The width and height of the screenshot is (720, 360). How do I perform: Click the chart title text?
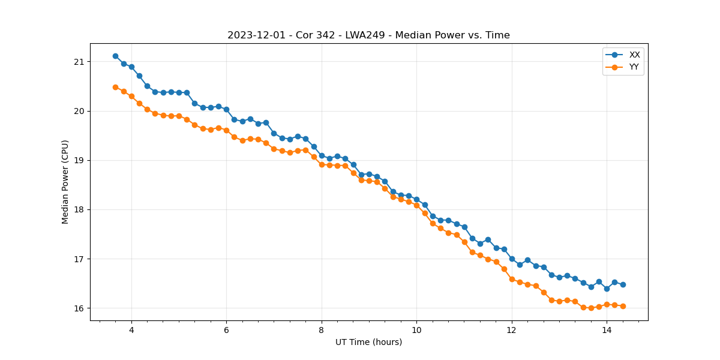click(x=368, y=35)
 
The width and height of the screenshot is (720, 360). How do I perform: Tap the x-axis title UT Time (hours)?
click(x=368, y=342)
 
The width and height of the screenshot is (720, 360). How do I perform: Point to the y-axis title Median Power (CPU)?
click(x=65, y=182)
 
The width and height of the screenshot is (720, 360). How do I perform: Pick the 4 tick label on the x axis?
click(x=131, y=329)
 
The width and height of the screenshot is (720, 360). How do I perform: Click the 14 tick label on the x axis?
click(x=607, y=329)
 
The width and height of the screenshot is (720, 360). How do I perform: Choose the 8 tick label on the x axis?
click(x=322, y=329)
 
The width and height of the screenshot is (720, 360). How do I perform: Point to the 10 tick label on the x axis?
click(x=416, y=329)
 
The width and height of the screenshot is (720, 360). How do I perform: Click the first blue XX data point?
click(x=115, y=56)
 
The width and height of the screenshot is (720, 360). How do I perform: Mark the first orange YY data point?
click(x=115, y=87)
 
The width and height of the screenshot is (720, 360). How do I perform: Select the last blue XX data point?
click(x=623, y=284)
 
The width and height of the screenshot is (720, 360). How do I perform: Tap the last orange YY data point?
click(x=623, y=306)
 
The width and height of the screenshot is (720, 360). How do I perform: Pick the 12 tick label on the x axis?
click(x=512, y=329)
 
